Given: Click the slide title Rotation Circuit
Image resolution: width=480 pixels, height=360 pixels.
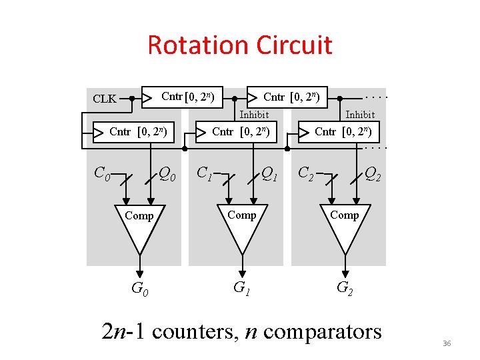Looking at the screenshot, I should [239, 45].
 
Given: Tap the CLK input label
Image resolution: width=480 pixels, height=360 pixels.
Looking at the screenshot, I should [105, 99].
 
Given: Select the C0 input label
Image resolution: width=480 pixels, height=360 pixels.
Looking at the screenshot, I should [102, 174].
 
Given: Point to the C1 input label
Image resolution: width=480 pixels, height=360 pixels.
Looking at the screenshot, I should [205, 174].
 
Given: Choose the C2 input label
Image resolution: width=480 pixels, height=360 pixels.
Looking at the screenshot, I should [307, 174].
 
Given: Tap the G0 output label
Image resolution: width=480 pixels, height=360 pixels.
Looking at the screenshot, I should [139, 289].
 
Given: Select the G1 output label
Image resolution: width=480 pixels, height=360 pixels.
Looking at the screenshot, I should [241, 288].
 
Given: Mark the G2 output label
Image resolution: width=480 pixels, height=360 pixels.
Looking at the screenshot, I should [345, 288].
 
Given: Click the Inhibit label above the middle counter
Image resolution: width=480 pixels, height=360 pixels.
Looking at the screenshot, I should [254, 115].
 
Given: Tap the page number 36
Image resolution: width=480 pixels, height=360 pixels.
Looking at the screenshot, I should [447, 343].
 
